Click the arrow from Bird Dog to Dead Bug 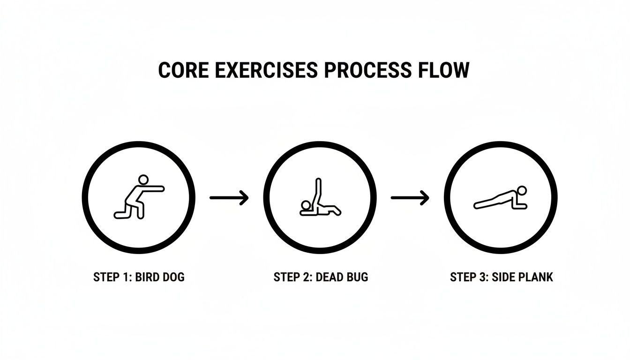[x=229, y=198]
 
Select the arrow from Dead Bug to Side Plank [x=410, y=198]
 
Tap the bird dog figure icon [x=139, y=197]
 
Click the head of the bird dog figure [x=143, y=179]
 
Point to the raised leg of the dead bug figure [x=319, y=192]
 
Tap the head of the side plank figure [x=522, y=190]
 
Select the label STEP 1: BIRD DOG [x=139, y=277]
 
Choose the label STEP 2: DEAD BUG [x=321, y=277]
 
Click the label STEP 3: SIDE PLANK [x=501, y=277]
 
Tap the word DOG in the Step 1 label [x=172, y=277]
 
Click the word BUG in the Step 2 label [x=357, y=277]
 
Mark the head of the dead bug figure [x=306, y=205]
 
